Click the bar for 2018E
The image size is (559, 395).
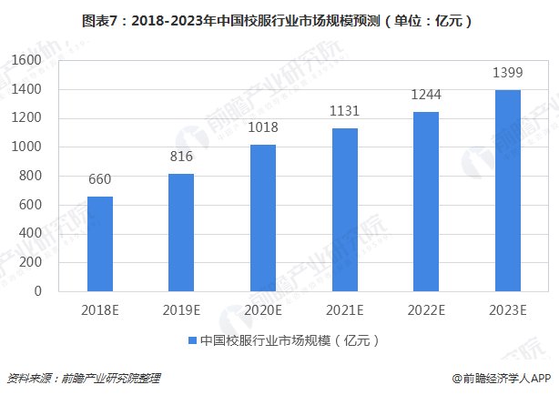(100, 244)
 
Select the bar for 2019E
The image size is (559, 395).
(181, 232)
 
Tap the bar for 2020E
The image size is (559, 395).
(262, 218)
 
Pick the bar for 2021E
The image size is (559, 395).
(344, 209)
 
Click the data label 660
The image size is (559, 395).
(100, 178)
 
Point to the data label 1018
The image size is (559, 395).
(262, 127)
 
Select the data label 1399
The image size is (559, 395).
(507, 72)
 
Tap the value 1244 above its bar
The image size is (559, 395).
(425, 95)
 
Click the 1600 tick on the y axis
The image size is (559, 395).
(30, 60)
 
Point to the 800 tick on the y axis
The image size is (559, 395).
(34, 176)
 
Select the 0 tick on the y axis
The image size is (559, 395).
(41, 291)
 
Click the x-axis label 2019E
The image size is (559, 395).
(181, 309)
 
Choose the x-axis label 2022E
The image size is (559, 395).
(425, 309)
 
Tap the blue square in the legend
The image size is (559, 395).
(192, 340)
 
